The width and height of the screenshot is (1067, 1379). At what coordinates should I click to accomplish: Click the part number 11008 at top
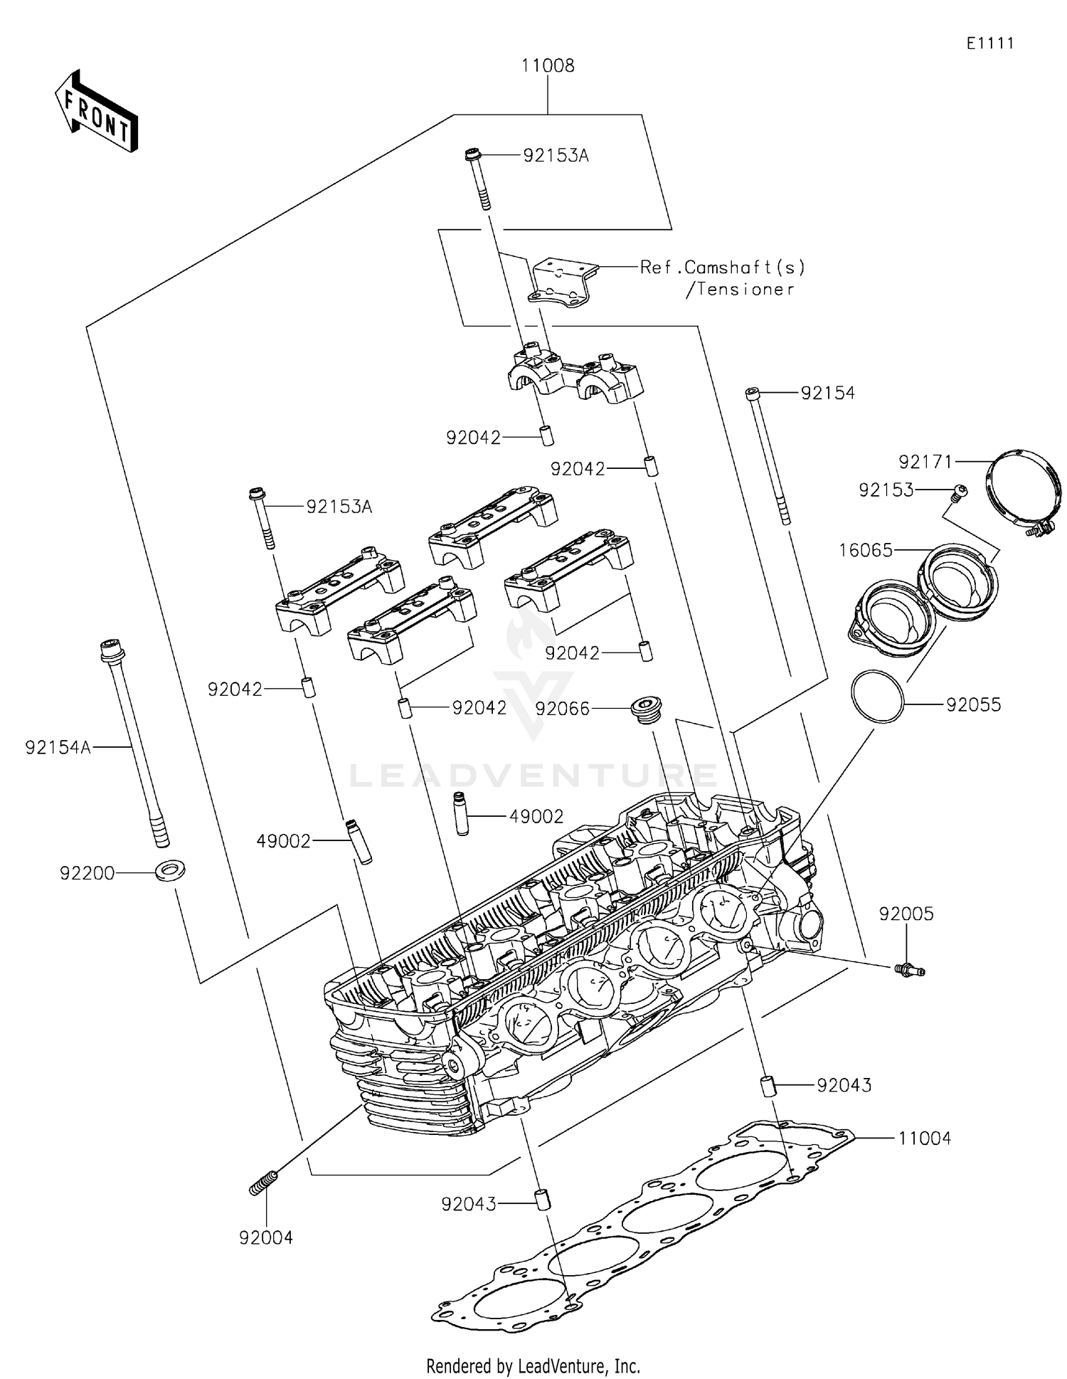click(547, 66)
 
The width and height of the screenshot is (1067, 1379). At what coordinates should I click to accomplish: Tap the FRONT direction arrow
click(97, 112)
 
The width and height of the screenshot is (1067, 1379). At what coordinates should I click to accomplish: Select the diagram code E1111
click(989, 43)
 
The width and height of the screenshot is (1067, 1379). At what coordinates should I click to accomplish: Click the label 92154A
click(58, 748)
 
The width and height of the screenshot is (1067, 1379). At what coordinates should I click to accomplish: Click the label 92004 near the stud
click(266, 1238)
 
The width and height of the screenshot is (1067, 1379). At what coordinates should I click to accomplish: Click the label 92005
click(906, 914)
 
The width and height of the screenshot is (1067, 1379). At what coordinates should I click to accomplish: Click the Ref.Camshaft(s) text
click(723, 268)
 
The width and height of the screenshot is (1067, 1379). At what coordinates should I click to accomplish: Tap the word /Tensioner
click(739, 290)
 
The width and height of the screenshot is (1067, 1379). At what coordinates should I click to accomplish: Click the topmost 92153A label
click(556, 156)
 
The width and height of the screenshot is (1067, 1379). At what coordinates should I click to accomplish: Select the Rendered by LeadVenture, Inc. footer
click(533, 1365)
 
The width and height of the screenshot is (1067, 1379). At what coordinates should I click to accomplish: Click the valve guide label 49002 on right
click(536, 817)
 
